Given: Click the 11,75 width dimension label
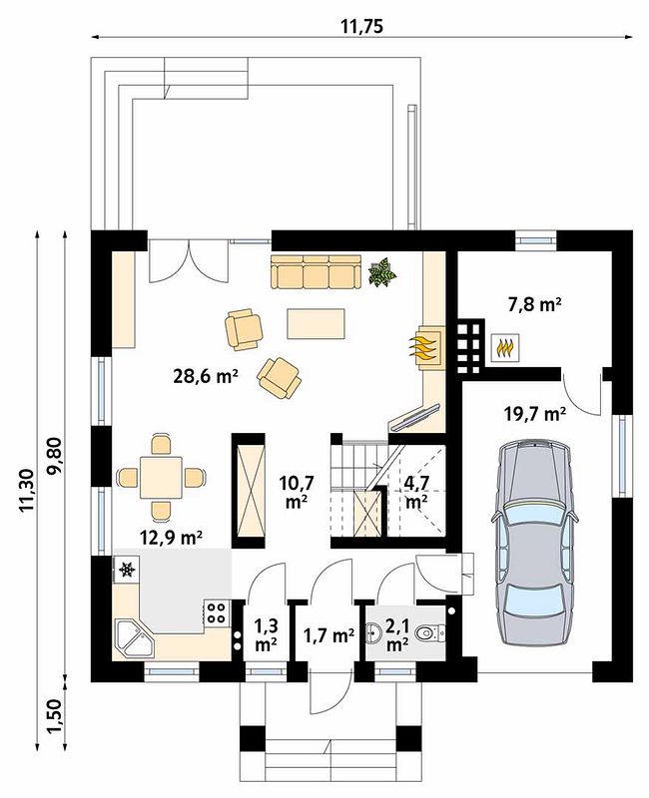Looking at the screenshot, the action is coord(361,27).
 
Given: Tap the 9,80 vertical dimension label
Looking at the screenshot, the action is coord(55,456).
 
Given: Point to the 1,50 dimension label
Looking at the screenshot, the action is coord(55,716).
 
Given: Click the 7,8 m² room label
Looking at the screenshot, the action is coord(534,305).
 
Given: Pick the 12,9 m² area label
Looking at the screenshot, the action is coord(172,537).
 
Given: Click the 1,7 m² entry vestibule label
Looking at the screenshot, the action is coord(329,635).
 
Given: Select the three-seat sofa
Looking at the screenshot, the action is coord(316,272).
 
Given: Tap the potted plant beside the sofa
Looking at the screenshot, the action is coord(382,272).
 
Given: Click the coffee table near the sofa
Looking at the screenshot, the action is coord(316,323).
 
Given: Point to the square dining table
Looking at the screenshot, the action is coord(161,478).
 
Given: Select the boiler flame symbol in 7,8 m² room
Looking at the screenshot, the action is coord(505,348).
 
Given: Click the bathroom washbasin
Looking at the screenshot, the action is coord(372,634).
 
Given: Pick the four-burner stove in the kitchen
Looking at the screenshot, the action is coord(218,612).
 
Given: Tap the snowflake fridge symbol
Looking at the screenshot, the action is coord(126,570).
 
